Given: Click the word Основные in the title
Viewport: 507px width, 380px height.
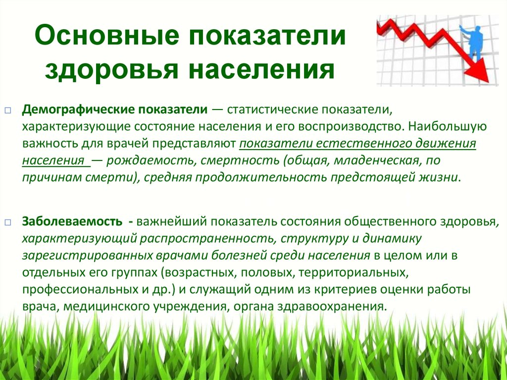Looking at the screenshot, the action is click(107, 35).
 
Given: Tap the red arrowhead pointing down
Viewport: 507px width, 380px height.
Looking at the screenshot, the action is click(478, 69).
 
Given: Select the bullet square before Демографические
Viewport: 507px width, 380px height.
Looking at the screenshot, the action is click(8, 110).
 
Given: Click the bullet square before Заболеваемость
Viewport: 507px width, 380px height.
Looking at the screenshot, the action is click(8, 222).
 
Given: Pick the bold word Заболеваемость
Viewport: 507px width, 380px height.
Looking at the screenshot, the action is click(72, 222).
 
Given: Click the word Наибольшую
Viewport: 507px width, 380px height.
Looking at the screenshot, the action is click(448, 126).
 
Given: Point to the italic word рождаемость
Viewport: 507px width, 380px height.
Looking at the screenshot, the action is click(151, 161).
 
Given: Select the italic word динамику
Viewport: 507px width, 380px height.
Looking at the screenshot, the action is click(392, 238).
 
